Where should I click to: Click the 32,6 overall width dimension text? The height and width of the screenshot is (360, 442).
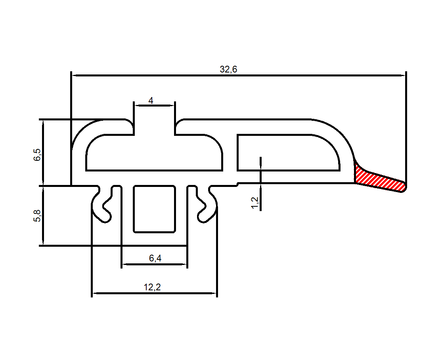[229, 70]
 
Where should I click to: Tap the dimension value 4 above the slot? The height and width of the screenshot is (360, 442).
[151, 101]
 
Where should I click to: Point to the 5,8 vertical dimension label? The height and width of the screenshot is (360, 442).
[37, 216]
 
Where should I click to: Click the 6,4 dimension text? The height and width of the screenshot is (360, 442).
[155, 259]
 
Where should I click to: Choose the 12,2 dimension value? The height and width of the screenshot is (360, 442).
[152, 288]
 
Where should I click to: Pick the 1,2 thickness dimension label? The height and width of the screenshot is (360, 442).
[254, 203]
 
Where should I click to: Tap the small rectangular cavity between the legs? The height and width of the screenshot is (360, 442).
[154, 208]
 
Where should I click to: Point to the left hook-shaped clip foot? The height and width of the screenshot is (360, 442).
[101, 206]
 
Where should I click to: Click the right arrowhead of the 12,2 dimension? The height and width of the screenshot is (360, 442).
[214, 294]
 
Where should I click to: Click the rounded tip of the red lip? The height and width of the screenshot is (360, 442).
[404, 187]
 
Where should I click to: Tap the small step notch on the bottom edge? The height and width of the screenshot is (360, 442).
[237, 184]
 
